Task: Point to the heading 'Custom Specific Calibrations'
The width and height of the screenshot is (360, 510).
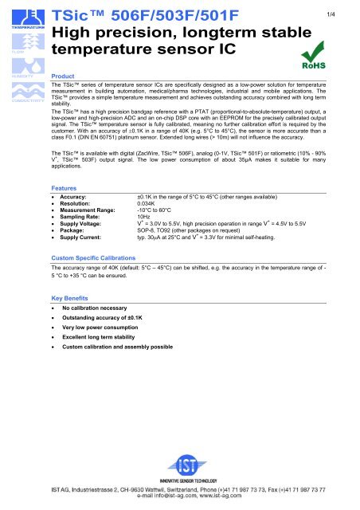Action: coord(92,259)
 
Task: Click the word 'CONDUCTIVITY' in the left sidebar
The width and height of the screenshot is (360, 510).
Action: coord(19,101)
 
